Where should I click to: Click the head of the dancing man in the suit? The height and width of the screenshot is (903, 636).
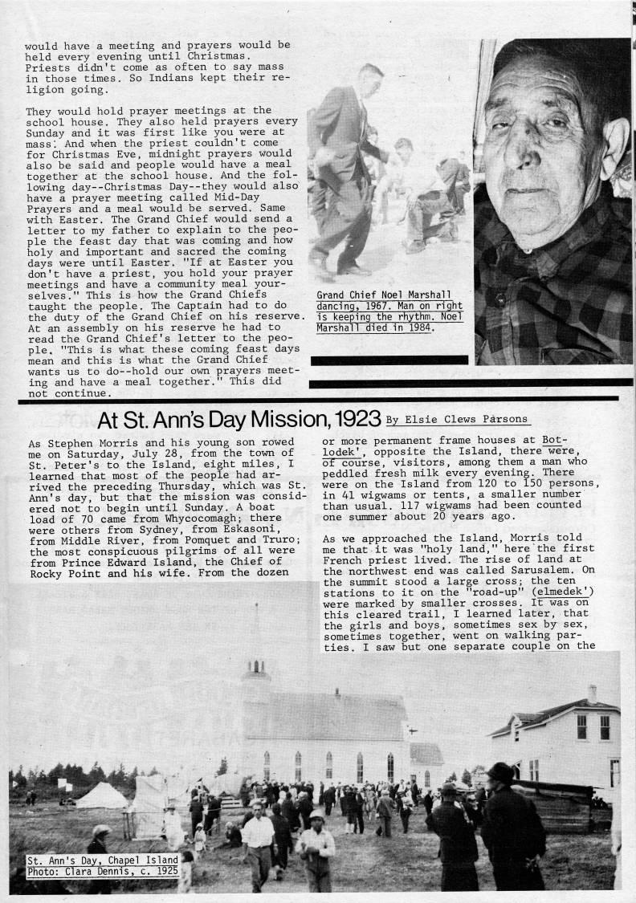click(370, 79)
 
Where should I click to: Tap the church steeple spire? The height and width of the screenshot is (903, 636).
click(257, 634)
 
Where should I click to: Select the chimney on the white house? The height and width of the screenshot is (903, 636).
click(592, 693)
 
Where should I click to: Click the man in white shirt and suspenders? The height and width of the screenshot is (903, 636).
click(259, 835)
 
